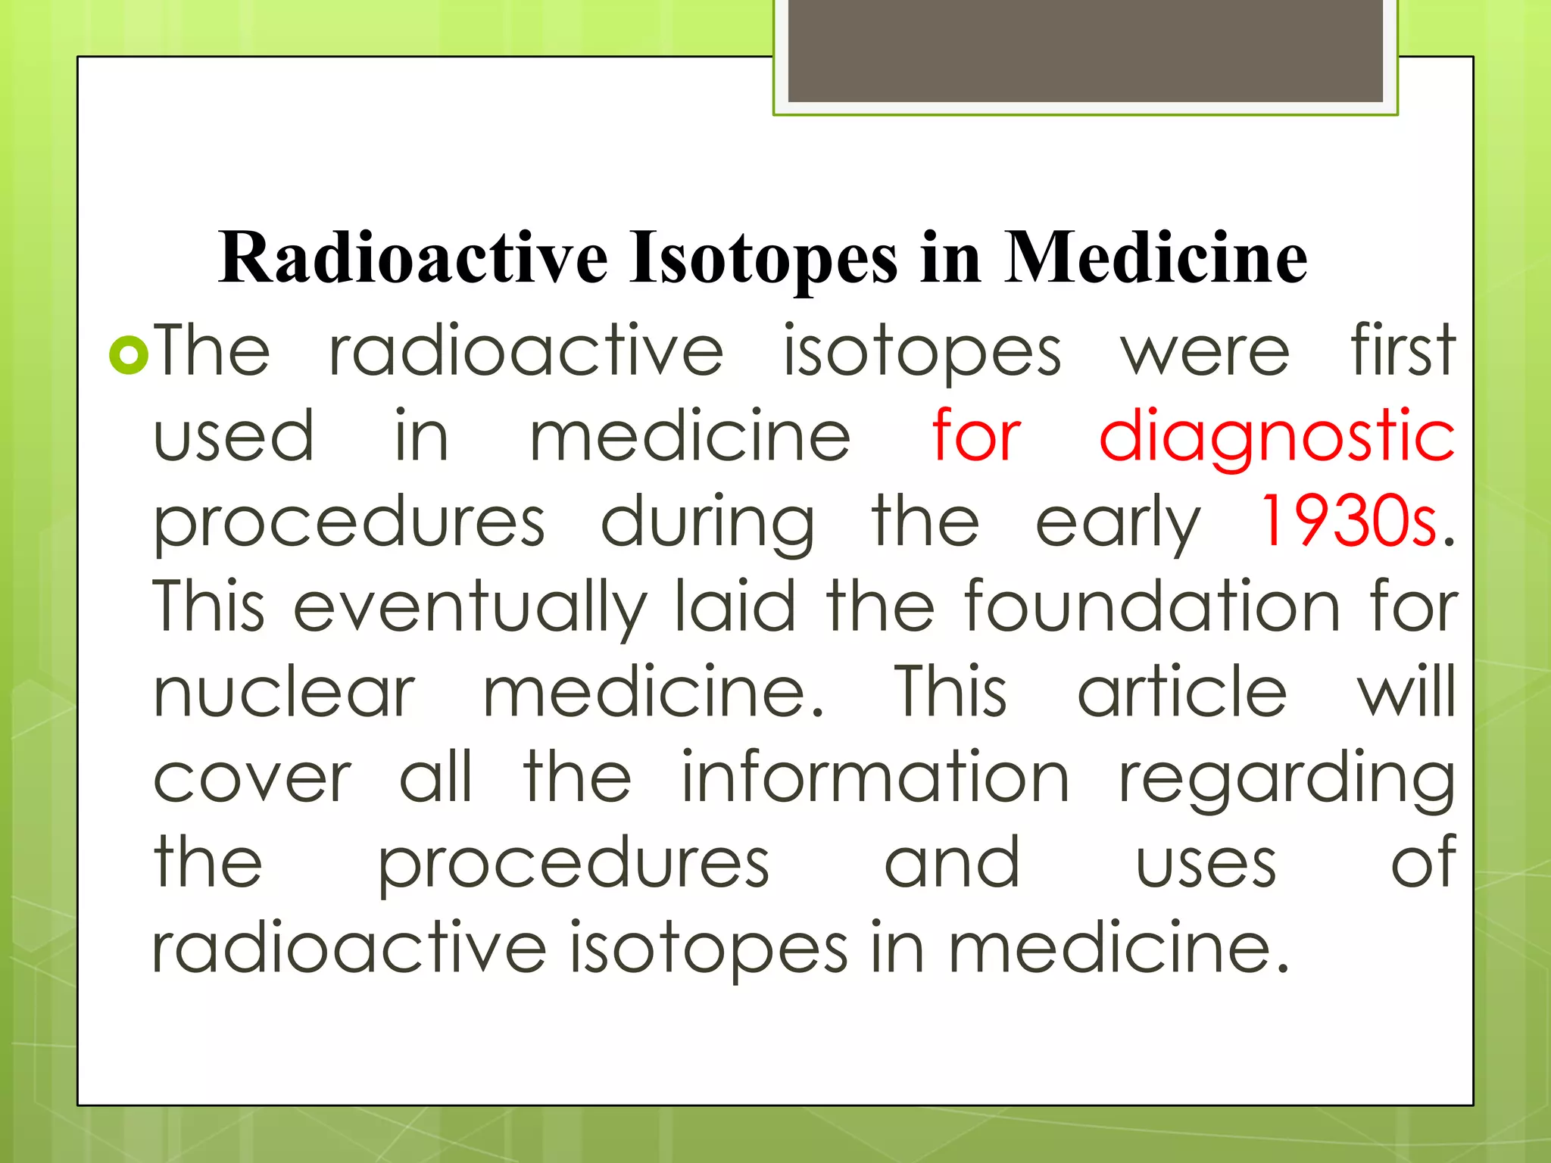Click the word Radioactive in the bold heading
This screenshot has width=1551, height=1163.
tap(413, 257)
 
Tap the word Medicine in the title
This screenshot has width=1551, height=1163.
tap(1156, 257)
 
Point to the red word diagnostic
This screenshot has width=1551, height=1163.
tap(1277, 437)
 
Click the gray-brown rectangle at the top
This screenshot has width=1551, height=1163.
tap(1085, 51)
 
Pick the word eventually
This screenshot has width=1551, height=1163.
tap(470, 608)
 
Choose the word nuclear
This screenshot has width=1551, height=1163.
tap(284, 693)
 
